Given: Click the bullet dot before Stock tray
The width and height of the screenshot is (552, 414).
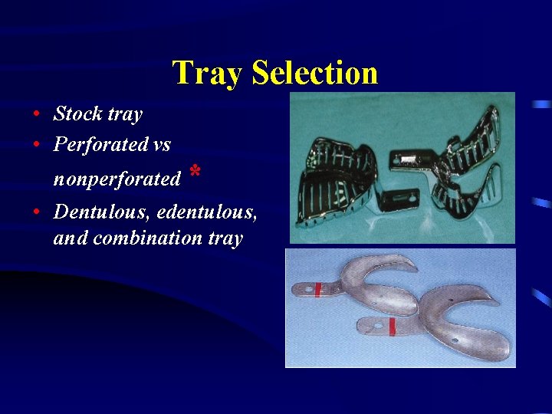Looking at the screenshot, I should click(37, 115).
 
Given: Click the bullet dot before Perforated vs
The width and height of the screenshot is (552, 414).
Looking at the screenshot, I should click(37, 144).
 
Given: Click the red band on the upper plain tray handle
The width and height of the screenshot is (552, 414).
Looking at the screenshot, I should click(317, 289).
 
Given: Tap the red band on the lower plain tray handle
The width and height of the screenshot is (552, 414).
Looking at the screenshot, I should click(392, 326).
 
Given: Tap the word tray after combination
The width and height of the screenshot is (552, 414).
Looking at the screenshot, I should click(225, 238).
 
